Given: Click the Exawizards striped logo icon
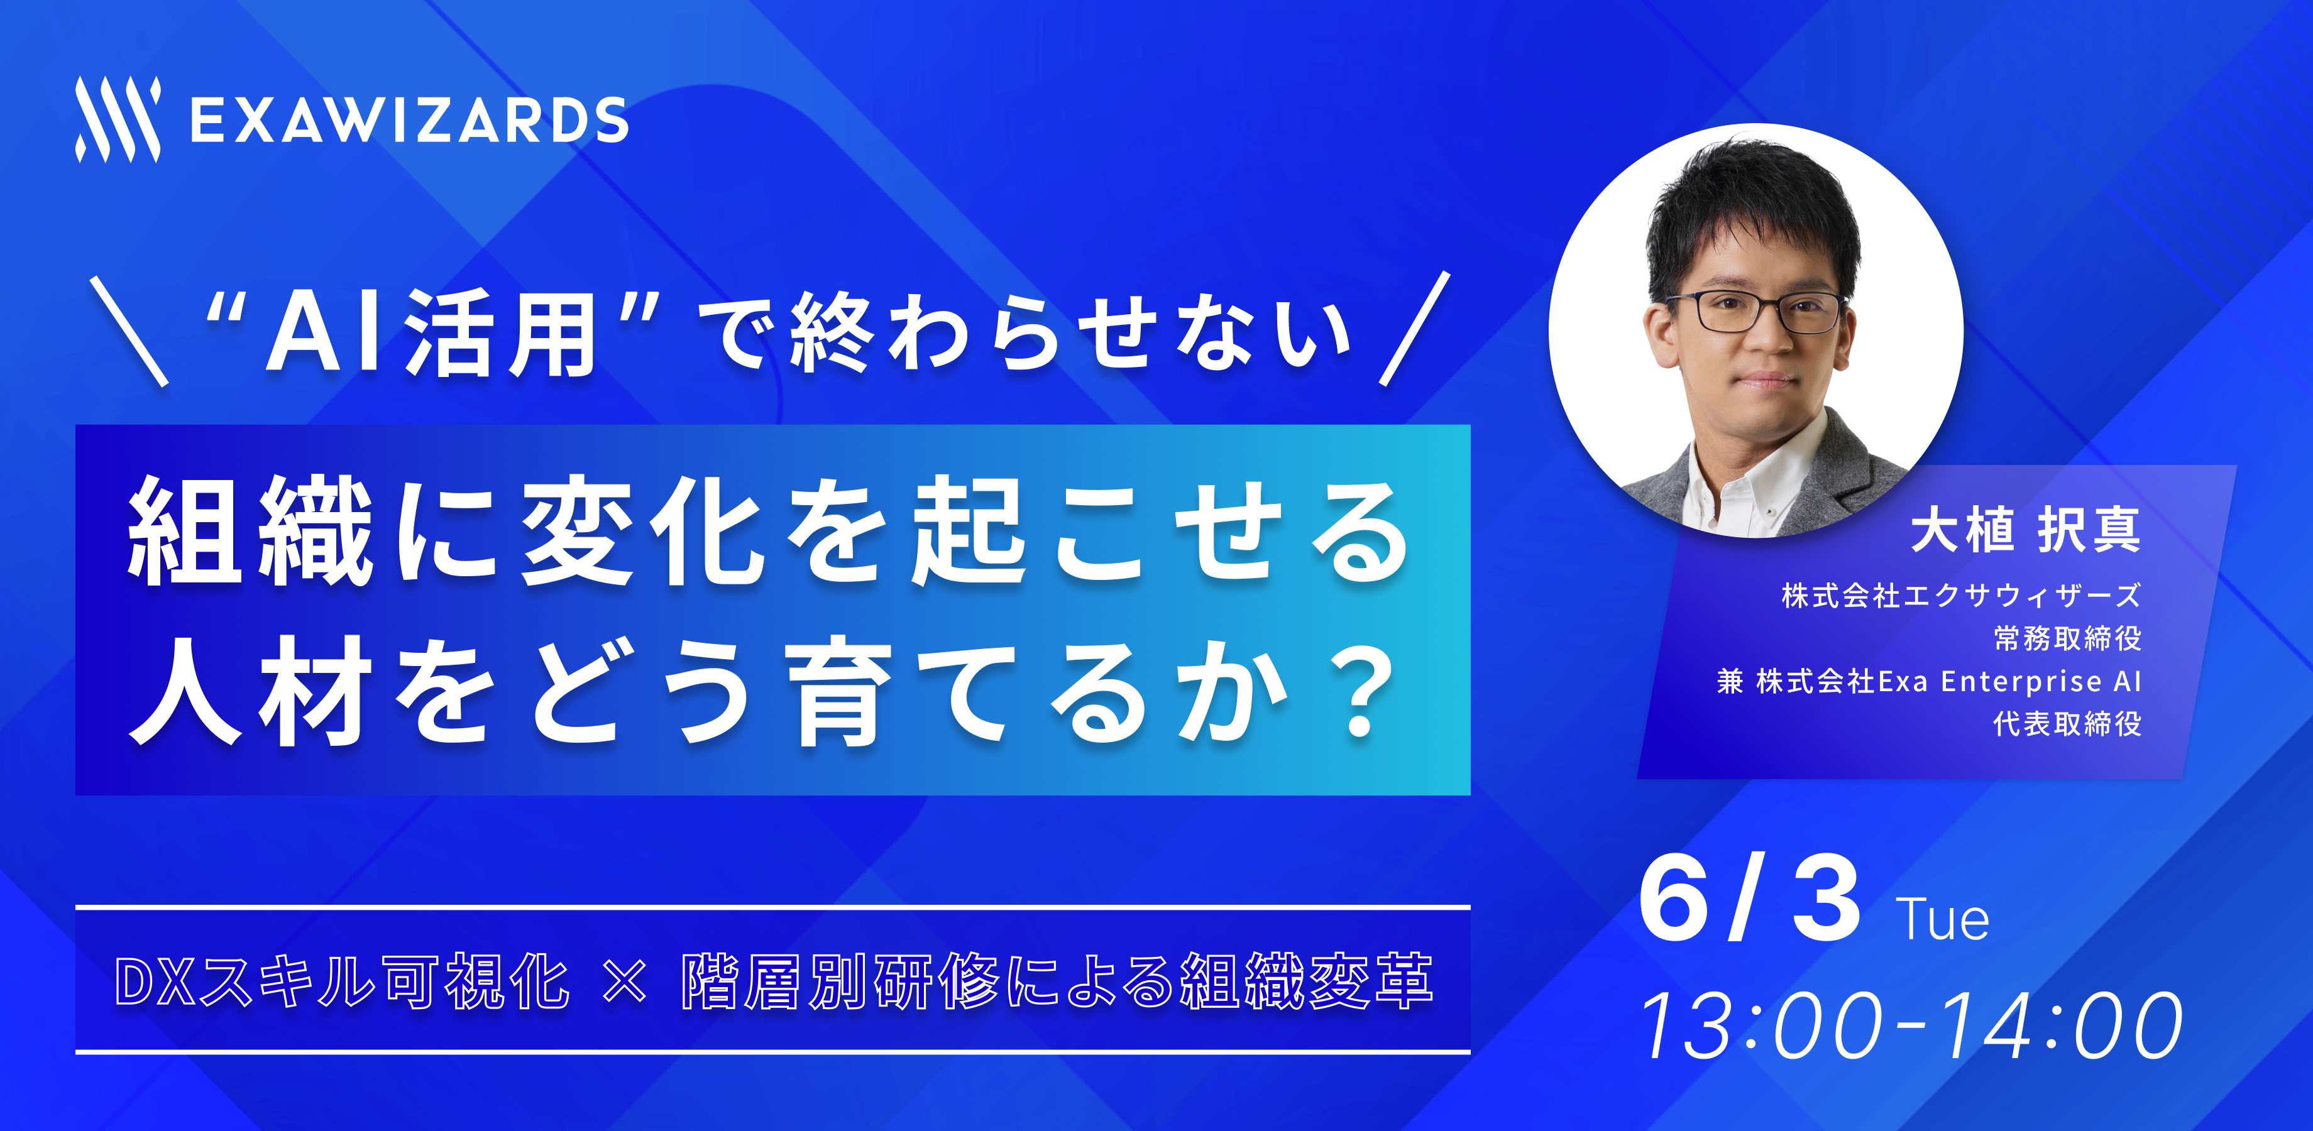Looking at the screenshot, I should point(118,119).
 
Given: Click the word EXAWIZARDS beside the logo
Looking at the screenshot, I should point(409,121).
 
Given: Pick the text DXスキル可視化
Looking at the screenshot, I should point(342,981).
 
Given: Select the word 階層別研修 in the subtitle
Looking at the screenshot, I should point(840,981).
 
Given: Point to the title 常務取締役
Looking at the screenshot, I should point(2067,638).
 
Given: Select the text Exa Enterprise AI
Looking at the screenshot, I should point(2009,681).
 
